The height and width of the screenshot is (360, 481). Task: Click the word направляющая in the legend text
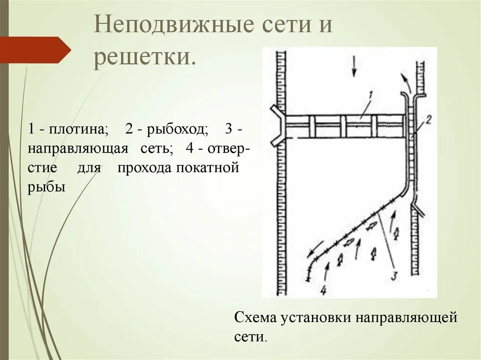click(x=78, y=149)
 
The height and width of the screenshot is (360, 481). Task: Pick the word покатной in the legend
click(x=209, y=168)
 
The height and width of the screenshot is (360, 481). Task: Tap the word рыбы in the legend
click(x=46, y=187)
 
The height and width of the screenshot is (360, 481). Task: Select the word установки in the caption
click(x=317, y=317)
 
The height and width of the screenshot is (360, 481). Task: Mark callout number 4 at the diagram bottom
click(x=323, y=291)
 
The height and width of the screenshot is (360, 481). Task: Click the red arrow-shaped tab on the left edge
click(x=35, y=50)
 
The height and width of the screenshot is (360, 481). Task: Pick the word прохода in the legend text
click(x=145, y=168)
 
